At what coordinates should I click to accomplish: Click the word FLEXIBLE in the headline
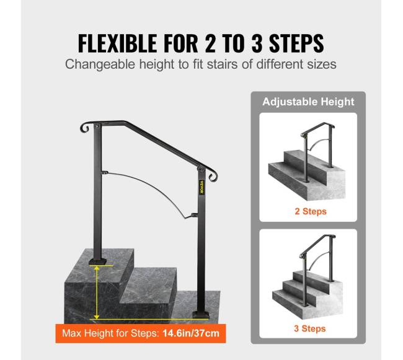(x=117, y=43)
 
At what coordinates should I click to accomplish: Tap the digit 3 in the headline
(x=257, y=43)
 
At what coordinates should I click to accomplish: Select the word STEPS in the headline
(x=296, y=43)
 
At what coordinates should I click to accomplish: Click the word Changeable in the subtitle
(x=100, y=64)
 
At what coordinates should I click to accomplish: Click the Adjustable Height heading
(x=308, y=102)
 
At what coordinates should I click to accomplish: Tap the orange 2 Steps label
(x=311, y=211)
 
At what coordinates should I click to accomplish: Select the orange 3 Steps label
(x=310, y=328)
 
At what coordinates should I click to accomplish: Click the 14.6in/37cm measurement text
(x=191, y=333)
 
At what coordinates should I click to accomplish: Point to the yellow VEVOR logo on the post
(x=201, y=187)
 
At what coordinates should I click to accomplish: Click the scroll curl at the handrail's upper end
(x=85, y=128)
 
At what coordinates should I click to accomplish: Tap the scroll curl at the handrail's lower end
(x=213, y=175)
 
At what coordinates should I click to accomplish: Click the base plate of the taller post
(x=201, y=315)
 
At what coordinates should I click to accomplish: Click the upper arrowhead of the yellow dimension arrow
(x=96, y=268)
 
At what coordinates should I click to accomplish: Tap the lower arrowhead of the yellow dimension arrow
(x=96, y=316)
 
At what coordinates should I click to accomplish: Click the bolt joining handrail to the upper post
(x=97, y=126)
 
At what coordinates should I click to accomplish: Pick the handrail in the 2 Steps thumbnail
(x=317, y=128)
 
